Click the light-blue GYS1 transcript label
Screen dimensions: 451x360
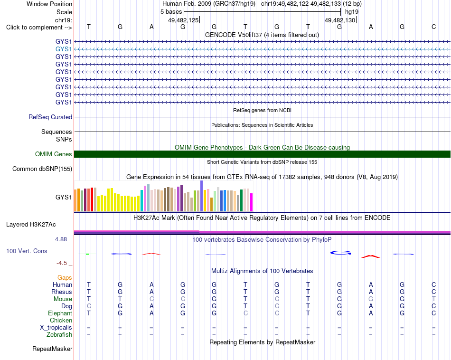tap(64, 49)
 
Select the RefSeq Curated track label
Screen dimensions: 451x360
tap(50, 117)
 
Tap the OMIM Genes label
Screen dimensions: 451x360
tap(54, 154)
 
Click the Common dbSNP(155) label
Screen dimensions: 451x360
tap(42, 169)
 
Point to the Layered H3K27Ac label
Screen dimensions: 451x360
tap(31, 225)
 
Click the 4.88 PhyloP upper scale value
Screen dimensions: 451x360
tap(61, 239)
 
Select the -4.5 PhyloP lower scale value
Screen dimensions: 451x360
tap(62, 263)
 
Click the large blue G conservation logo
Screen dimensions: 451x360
tap(340, 253)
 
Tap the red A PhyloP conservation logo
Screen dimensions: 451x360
tap(371, 256)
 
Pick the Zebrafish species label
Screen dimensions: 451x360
tap(59, 335)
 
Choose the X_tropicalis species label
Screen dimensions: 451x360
tap(56, 328)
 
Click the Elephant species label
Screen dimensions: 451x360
tap(60, 313)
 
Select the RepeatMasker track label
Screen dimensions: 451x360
tap(52, 349)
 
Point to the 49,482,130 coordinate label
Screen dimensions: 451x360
tap(340, 20)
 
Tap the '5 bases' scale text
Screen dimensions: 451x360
tap(171, 12)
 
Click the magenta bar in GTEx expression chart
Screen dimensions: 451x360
tap(252, 203)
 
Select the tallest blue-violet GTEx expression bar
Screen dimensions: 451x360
tap(202, 196)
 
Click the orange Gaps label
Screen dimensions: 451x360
tap(65, 277)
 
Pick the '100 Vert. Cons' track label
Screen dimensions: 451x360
tap(27, 251)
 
